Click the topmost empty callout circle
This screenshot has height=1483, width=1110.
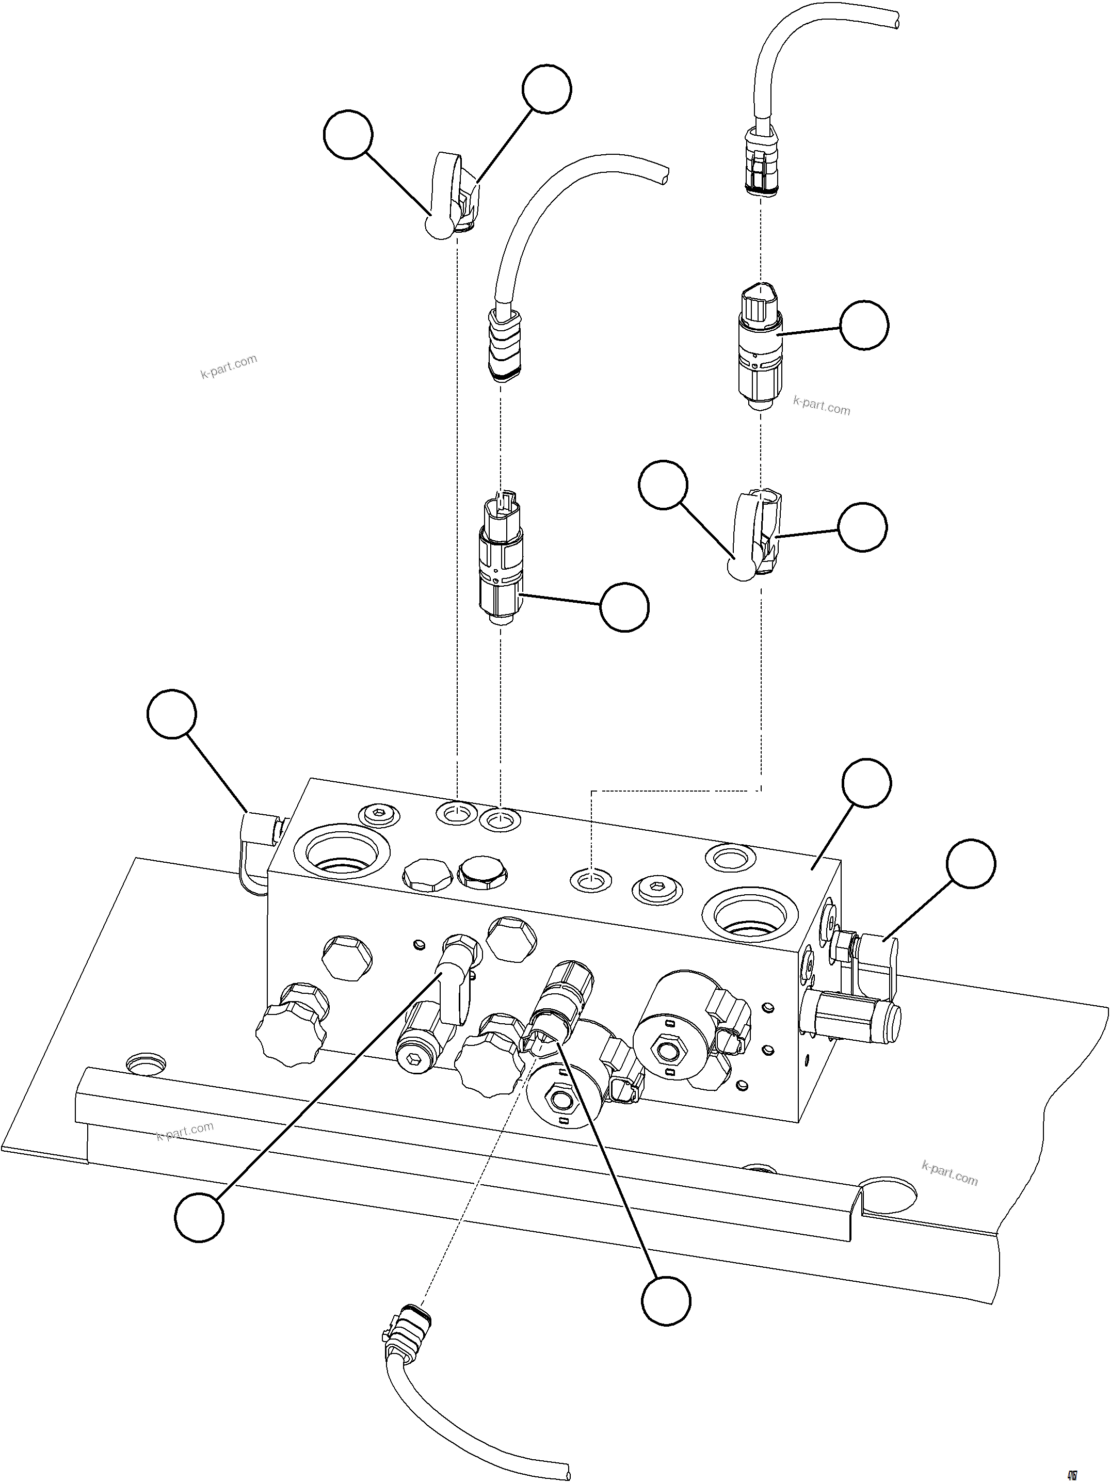click(x=547, y=89)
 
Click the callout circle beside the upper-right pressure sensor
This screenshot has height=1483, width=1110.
click(x=864, y=325)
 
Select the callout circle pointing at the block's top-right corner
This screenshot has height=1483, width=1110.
click(x=866, y=783)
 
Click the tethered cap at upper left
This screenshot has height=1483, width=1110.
click(x=446, y=195)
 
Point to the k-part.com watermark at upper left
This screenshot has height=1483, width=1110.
click(x=229, y=367)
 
